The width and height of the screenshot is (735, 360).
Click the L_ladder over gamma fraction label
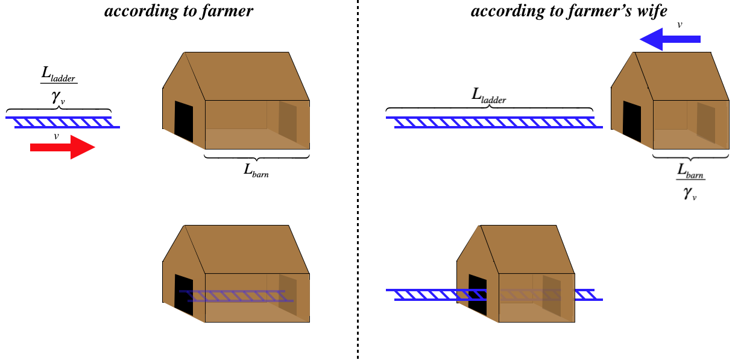(59, 86)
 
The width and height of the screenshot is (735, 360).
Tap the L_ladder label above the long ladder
(489, 95)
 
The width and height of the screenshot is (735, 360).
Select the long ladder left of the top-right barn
(494, 122)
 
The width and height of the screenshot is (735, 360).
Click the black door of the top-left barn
(184, 122)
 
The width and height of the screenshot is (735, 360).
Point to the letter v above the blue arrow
(680, 25)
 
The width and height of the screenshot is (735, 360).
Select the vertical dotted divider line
(358, 181)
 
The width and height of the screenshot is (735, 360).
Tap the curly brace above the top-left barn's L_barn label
(257, 157)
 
